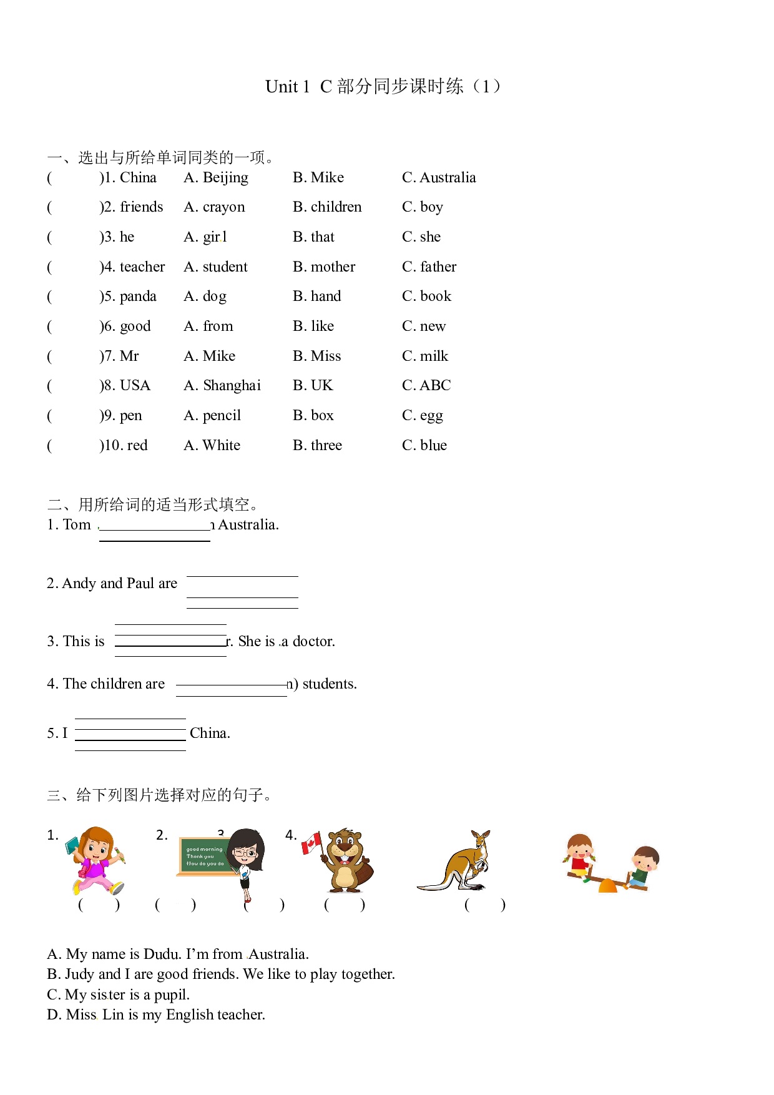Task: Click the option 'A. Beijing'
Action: [x=216, y=179]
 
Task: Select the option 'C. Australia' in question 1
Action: [x=439, y=178]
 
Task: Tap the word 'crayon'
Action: [x=224, y=208]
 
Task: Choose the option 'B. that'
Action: [x=314, y=237]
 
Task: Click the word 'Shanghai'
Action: [x=232, y=386]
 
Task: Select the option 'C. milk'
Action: [x=425, y=356]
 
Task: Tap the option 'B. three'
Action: [x=318, y=445]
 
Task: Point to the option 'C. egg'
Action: [x=423, y=416]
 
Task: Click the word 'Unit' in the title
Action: [x=282, y=87]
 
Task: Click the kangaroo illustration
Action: [x=454, y=861]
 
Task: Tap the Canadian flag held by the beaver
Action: [x=310, y=843]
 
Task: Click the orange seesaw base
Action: [x=607, y=886]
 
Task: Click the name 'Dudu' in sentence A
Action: [x=161, y=955]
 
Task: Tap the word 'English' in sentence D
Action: [x=190, y=1016]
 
